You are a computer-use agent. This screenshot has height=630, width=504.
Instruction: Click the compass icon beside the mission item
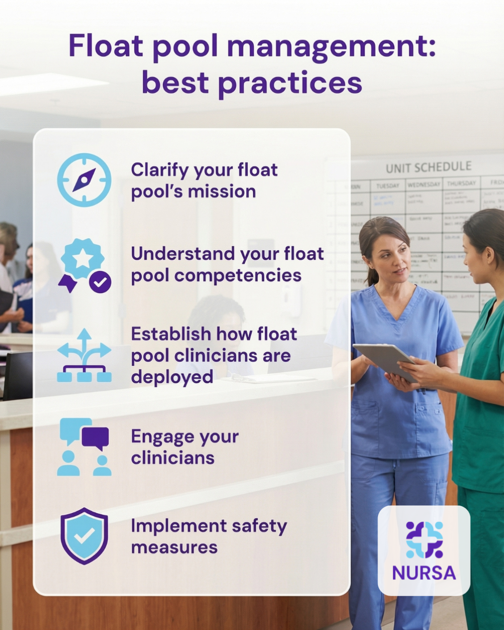click(x=84, y=180)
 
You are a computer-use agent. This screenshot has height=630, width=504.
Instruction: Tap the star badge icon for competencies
click(x=83, y=259)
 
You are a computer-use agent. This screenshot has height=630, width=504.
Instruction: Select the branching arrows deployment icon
click(x=84, y=356)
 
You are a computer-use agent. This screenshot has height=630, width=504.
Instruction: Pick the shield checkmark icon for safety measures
click(x=84, y=536)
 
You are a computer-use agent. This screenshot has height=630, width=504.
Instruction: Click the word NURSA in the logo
click(x=424, y=573)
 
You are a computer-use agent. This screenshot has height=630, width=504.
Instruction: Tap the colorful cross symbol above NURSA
click(x=424, y=539)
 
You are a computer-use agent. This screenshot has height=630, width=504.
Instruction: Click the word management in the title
click(x=331, y=47)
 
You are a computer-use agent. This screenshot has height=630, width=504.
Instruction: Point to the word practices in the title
click(x=290, y=84)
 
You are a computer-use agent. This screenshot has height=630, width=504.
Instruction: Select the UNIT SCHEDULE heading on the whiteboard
click(x=428, y=167)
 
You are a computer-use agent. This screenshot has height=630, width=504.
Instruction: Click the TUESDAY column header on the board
click(x=387, y=186)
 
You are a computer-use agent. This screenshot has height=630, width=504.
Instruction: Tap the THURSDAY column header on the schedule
click(x=461, y=183)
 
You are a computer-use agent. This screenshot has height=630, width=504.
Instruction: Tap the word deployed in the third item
click(x=172, y=377)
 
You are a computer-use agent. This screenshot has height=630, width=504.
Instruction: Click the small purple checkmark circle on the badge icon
click(x=100, y=281)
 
